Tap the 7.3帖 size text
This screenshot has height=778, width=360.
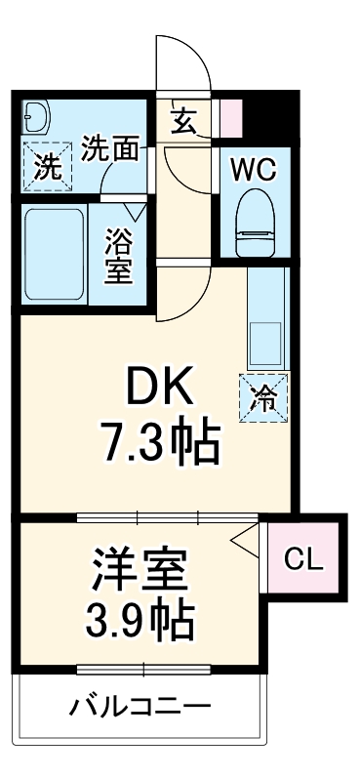161,444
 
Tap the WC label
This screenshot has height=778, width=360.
253,168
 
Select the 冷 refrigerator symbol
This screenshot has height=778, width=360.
263,396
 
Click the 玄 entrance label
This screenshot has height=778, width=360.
184,120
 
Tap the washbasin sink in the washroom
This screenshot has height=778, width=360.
36,118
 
